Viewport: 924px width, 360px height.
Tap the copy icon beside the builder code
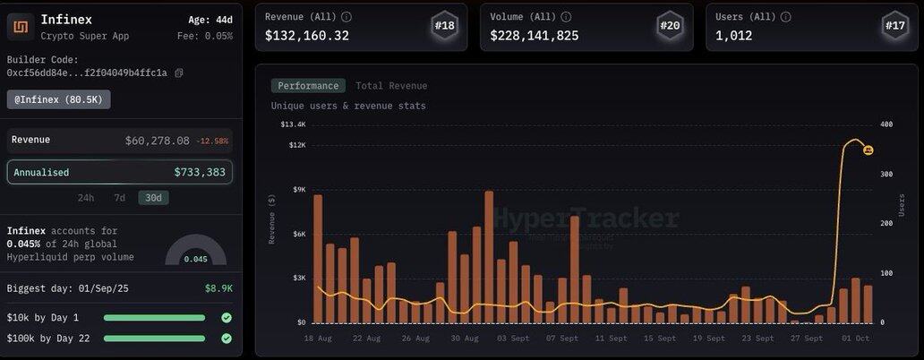pyautogui.click(x=179, y=73)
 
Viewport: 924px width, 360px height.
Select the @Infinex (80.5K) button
pyautogui.click(x=58, y=99)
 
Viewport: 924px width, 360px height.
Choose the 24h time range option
pyautogui.click(x=86, y=198)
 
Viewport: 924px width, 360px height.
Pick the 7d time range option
pyautogui.click(x=119, y=198)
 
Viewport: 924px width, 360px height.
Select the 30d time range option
pyautogui.click(x=153, y=198)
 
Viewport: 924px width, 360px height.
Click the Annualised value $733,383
pyautogui.click(x=200, y=172)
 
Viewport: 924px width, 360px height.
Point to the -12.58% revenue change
pyautogui.click(x=213, y=141)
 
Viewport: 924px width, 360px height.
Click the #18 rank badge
pyautogui.click(x=444, y=26)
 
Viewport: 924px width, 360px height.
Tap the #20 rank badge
pyautogui.click(x=670, y=26)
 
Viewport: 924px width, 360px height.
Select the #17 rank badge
pyautogui.click(x=895, y=26)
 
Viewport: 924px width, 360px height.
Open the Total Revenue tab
pyautogui.click(x=391, y=86)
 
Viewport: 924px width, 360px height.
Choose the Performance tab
pyautogui.click(x=308, y=86)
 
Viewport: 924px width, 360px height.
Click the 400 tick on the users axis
pyautogui.click(x=886, y=124)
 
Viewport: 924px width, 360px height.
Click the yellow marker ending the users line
pyautogui.click(x=868, y=150)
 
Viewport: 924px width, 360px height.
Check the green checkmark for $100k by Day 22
pyautogui.click(x=227, y=338)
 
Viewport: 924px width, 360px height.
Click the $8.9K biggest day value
pyautogui.click(x=218, y=288)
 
